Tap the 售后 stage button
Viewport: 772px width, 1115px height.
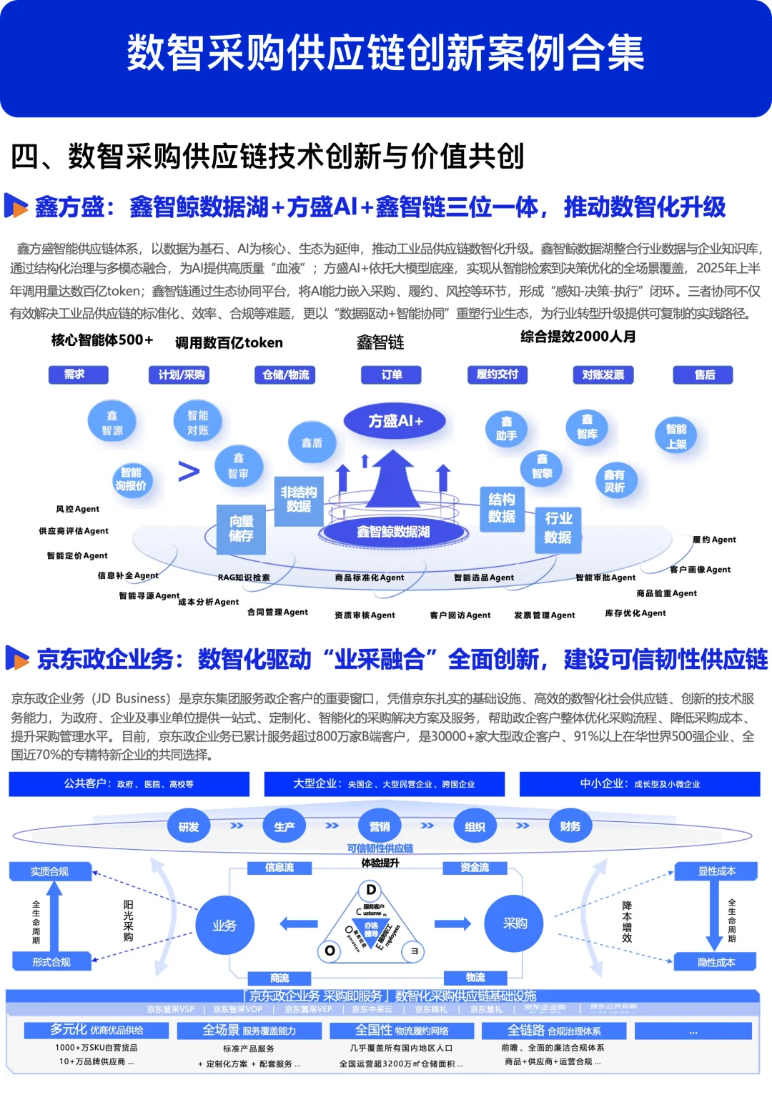coord(703,375)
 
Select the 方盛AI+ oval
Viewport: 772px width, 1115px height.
coord(395,421)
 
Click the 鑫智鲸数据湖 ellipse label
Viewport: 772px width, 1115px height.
coord(393,532)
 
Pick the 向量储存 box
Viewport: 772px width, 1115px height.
coord(242,529)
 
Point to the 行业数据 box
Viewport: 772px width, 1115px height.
coord(558,527)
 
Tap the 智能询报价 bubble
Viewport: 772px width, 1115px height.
coord(131,479)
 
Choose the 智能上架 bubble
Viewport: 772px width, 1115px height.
coord(675,436)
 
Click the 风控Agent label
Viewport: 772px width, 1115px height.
coord(78,509)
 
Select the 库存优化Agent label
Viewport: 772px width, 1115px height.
coord(635,613)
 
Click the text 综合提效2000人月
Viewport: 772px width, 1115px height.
coord(578,337)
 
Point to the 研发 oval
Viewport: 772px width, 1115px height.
coord(189,827)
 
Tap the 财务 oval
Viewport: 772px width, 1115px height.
coord(570,827)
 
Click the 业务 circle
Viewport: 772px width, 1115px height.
coord(224,926)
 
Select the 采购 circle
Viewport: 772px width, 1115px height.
coord(515,923)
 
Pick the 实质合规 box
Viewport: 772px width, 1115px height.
coord(50,871)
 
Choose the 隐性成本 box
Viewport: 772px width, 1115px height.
coord(716,963)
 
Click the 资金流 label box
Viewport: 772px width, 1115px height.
coord(475,868)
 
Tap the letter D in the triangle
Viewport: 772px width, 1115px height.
coord(371,890)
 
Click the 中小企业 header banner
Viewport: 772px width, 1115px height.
coord(639,784)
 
